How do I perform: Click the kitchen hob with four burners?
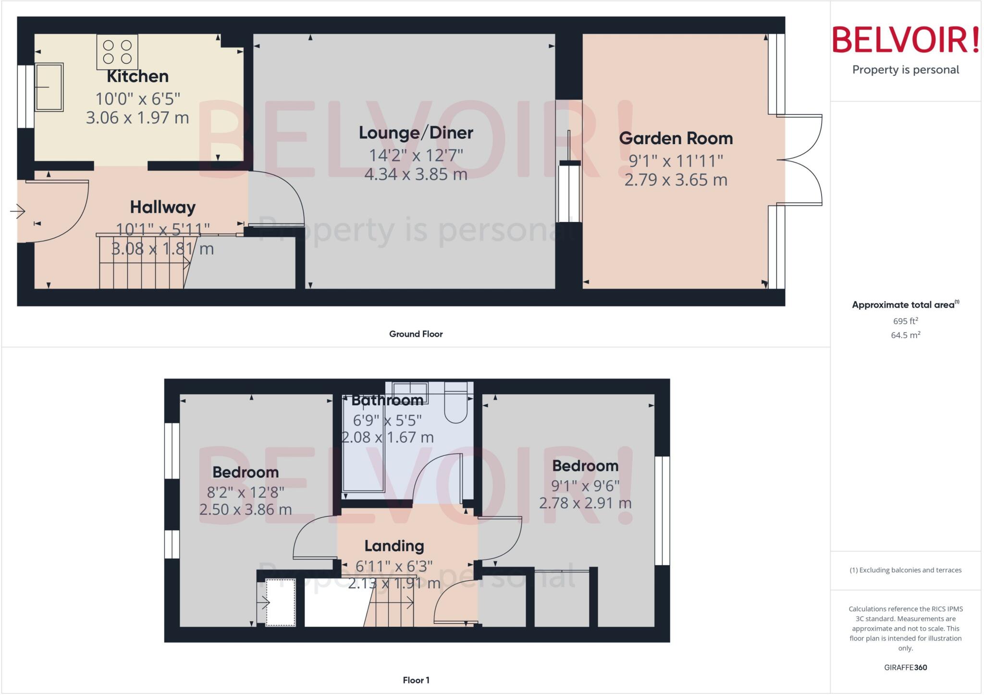click(x=117, y=52)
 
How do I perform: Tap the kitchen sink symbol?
click(x=49, y=87)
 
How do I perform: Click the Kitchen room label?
click(x=137, y=76)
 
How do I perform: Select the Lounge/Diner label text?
click(x=416, y=133)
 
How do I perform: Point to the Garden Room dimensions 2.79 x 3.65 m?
click(x=676, y=180)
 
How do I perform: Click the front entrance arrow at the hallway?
click(x=18, y=211)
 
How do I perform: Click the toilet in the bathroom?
click(x=455, y=404)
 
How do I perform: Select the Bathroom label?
click(x=387, y=400)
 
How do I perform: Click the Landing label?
click(x=394, y=546)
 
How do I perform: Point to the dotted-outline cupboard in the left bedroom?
click(x=281, y=602)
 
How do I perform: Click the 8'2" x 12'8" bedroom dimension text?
click(x=246, y=492)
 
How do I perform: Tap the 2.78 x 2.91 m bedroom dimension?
click(x=585, y=503)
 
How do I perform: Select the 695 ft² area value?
click(x=905, y=321)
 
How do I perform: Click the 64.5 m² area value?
click(x=905, y=335)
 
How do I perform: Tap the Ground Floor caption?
click(x=416, y=334)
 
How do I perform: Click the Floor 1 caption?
click(x=416, y=680)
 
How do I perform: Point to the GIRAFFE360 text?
click(x=905, y=668)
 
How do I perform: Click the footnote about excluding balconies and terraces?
click(x=905, y=570)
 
